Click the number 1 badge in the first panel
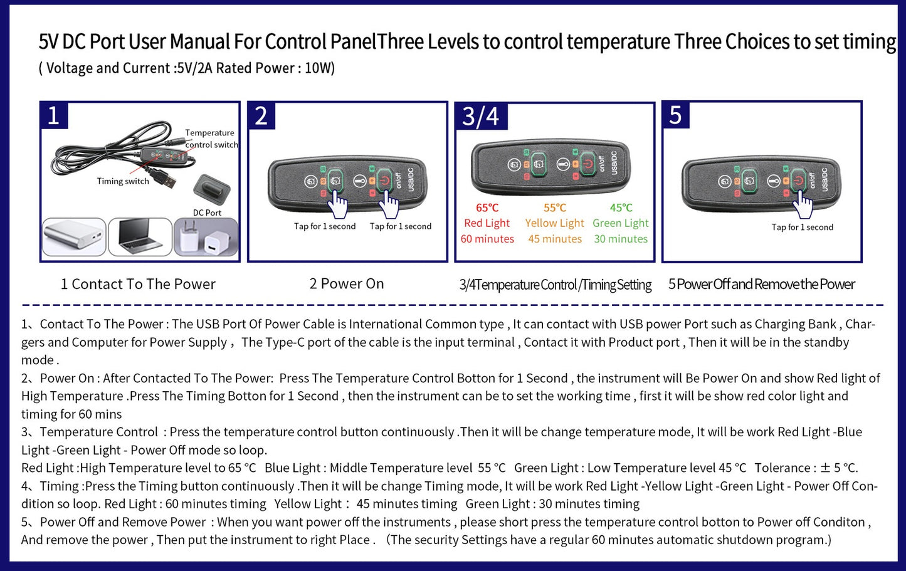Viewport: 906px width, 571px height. pos(54,116)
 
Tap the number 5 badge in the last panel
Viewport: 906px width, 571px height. pos(676,116)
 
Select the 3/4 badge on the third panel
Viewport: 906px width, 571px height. pos(481,117)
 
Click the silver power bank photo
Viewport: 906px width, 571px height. pos(74,237)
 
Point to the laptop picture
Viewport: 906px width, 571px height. pos(140,237)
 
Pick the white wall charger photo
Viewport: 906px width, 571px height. pos(206,237)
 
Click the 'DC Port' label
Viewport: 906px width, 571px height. pos(207,212)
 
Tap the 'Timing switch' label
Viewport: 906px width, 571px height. pos(123,181)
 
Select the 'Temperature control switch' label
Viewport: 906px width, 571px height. pos(211,139)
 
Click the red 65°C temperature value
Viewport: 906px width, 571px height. pos(487,208)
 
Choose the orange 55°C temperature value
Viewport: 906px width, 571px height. pos(554,208)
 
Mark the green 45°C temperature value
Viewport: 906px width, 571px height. pos(621,208)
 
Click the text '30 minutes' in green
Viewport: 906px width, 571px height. pos(621,239)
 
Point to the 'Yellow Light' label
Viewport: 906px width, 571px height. pos(554,223)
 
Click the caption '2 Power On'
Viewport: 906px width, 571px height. pos(347,284)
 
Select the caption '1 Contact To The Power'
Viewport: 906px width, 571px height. pos(138,285)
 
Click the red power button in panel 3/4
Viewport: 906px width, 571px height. pos(587,164)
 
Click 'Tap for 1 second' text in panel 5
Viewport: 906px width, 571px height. pos(803,228)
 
